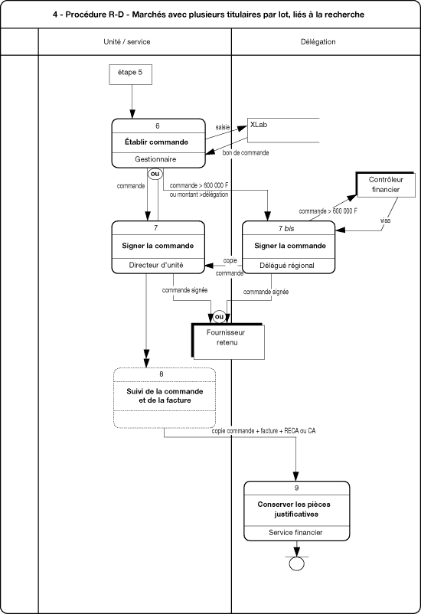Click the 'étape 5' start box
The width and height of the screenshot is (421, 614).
pos(130,74)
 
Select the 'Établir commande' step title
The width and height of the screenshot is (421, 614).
pos(157,142)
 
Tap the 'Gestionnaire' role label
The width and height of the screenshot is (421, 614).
pos(155,159)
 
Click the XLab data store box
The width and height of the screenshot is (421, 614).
pos(283,130)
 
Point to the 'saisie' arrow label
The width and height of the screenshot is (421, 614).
pos(223,127)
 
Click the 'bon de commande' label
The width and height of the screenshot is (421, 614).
pos(246,152)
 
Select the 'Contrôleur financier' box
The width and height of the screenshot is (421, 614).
pos(386,185)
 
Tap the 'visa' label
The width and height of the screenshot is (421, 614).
pos(385,220)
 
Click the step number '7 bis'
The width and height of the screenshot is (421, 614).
pos(286,229)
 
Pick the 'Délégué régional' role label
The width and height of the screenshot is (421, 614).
pos(287,266)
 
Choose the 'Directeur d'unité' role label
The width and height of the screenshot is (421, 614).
pos(156,265)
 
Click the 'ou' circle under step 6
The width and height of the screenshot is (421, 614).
pos(155,174)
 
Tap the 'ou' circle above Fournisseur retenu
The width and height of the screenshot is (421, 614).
pos(220,316)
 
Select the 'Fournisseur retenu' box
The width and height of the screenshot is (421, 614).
pos(228,341)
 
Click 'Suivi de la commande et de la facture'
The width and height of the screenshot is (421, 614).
pos(165,396)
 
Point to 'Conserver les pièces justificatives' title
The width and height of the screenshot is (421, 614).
pos(294,509)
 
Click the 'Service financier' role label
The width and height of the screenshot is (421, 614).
pos(295,533)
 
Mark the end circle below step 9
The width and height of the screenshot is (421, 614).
pos(296,563)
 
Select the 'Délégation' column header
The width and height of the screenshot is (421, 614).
pos(318,42)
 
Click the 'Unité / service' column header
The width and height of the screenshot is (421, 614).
pos(127,42)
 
